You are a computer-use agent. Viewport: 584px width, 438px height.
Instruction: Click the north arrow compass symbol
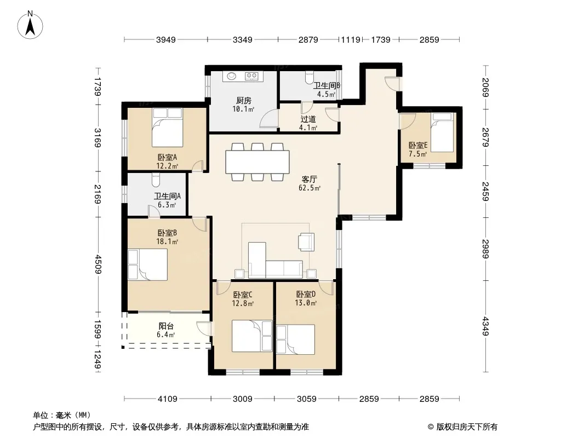coord(30,25)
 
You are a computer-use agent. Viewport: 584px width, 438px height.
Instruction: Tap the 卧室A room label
coord(167,158)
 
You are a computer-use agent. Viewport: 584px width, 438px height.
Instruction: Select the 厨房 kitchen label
coord(244,101)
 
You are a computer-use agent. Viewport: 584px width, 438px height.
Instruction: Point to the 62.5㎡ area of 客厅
coord(310,188)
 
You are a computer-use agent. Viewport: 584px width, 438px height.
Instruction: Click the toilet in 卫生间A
coord(156,181)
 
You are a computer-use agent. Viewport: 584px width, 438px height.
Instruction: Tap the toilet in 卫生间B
coord(309,78)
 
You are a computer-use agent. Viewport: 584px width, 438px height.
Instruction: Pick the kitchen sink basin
coord(232,76)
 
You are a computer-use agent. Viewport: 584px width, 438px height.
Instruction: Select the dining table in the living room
coord(257,162)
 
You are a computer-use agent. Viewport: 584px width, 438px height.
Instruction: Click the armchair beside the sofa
coord(306,242)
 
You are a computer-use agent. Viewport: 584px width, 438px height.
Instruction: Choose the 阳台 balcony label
coord(166,326)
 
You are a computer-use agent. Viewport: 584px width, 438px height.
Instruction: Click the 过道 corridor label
coord(308,119)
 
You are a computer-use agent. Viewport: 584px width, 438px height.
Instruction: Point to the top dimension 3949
coord(166,39)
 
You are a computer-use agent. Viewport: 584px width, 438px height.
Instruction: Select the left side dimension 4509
coord(98,264)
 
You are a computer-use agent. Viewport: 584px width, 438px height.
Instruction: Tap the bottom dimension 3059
coord(307,399)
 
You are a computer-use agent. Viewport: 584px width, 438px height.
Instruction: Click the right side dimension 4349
coord(485,326)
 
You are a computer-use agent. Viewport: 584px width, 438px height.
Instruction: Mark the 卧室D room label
coord(306,295)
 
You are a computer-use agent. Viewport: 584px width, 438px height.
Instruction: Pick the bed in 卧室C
coord(252,336)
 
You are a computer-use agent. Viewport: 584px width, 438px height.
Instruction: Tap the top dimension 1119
coord(351,39)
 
